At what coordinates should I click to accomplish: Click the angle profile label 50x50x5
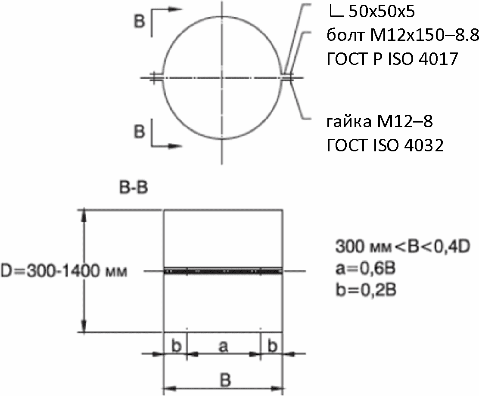pos(382,12)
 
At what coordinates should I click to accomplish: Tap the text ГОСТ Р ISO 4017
pos(392,59)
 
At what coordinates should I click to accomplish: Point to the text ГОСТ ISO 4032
pos(385,145)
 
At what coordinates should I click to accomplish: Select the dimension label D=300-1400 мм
pos(64,271)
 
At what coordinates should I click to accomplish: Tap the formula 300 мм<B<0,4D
pos(403,246)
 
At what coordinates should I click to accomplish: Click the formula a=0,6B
pos(365,268)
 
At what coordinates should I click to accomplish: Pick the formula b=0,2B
pos(366,290)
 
